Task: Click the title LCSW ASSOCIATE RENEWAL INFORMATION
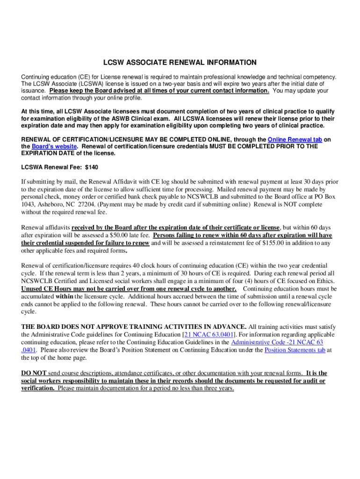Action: click(x=180, y=63)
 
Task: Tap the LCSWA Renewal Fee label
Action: click(x=51, y=167)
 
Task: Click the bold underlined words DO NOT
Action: click(x=34, y=373)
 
